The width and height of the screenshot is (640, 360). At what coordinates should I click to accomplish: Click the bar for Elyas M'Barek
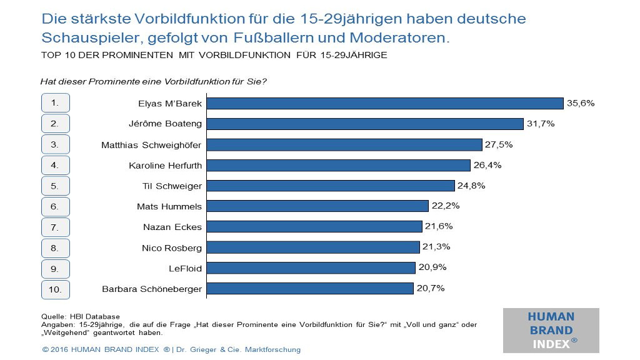tap(385, 103)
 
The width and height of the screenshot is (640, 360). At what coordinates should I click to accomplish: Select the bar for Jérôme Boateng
tap(365, 124)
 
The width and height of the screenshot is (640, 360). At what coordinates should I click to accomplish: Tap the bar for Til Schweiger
tap(330, 186)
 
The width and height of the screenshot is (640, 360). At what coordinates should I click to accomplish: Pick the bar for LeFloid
tap(311, 267)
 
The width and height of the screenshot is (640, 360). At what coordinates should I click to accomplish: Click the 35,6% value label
tap(580, 103)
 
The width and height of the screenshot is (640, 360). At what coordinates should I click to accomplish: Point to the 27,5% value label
tap(498, 144)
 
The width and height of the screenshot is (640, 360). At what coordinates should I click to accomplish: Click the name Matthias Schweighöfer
tap(152, 145)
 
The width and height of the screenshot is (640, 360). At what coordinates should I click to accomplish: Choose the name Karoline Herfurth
tap(166, 166)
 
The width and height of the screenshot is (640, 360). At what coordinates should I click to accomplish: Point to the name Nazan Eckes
tap(172, 227)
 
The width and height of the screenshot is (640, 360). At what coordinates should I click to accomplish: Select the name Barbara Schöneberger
tap(152, 289)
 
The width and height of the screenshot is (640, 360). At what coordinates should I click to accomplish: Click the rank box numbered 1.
tap(55, 103)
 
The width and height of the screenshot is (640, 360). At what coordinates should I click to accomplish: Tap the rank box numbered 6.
tap(55, 206)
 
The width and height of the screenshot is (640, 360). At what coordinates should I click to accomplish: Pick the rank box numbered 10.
tap(55, 289)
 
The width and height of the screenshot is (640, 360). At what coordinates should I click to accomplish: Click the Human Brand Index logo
tap(551, 330)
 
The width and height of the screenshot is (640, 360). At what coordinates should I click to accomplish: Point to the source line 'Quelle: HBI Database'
tap(80, 316)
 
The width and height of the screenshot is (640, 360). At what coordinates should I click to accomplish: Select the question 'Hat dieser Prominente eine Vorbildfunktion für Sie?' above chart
tap(154, 81)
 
